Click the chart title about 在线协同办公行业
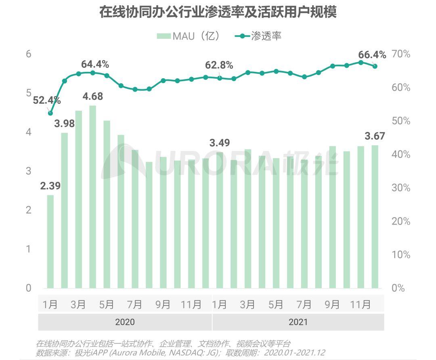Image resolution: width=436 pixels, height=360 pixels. click(218, 12)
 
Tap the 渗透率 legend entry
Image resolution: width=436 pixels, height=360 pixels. click(258, 36)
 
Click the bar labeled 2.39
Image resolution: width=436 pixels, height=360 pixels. click(50, 241)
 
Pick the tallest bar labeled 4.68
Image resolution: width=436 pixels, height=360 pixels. click(92, 197)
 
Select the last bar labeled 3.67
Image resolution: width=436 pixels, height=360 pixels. click(375, 216)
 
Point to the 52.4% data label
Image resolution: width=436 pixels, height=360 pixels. click(46, 100)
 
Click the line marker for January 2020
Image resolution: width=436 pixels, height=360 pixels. click(50, 113)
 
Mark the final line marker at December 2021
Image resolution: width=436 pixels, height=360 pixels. click(375, 66)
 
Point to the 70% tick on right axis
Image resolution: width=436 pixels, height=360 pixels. click(401, 54)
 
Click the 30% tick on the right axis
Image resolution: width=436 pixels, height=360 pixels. click(401, 188)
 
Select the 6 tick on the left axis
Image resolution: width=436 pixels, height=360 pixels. click(29, 54)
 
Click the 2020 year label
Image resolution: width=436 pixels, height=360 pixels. click(125, 322)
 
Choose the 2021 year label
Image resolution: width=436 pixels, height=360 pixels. click(298, 322)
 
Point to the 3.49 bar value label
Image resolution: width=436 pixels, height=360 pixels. click(220, 143)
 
